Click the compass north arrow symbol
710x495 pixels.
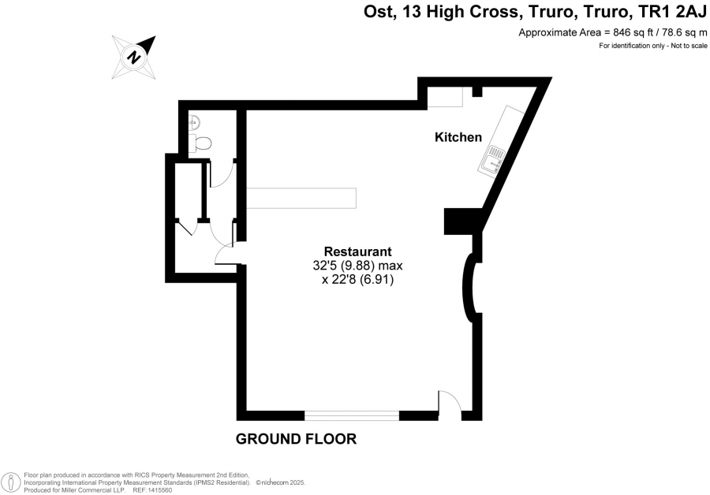click(134, 58)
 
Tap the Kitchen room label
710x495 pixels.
click(458, 137)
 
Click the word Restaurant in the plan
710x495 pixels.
click(357, 251)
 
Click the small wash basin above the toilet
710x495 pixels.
click(194, 121)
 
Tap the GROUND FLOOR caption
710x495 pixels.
click(296, 439)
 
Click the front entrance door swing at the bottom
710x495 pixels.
click(450, 401)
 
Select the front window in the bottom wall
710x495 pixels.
click(352, 415)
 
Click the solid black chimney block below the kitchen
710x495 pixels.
click(462, 221)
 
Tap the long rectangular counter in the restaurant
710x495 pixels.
click(301, 198)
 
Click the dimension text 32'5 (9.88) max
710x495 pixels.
click(357, 266)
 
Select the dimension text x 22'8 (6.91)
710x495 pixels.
click(357, 280)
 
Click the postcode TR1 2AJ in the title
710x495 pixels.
click(671, 12)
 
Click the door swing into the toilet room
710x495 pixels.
click(222, 173)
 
